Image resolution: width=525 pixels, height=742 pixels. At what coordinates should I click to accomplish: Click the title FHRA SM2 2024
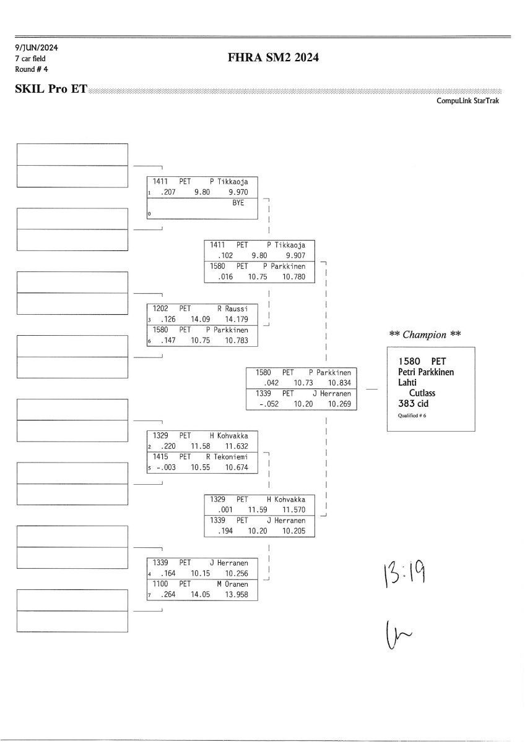[x=273, y=58]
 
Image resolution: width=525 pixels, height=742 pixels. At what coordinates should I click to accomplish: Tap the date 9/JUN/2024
[x=37, y=48]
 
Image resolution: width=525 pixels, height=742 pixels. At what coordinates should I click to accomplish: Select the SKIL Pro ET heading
[x=51, y=89]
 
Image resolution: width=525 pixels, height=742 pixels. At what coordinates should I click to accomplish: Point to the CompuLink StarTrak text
[x=467, y=101]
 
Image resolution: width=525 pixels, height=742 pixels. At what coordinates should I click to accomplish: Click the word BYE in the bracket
[x=238, y=203]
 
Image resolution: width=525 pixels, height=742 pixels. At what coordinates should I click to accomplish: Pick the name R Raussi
[x=233, y=309]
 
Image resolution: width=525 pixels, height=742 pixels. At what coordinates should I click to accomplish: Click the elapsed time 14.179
[x=236, y=319]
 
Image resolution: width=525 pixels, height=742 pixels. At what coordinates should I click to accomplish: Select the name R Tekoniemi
[x=227, y=457]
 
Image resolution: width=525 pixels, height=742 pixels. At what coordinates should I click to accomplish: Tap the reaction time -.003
[x=166, y=467]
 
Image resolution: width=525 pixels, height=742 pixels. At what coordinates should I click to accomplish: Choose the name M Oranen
[x=233, y=584]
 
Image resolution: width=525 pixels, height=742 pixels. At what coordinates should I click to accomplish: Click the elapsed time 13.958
[x=236, y=595]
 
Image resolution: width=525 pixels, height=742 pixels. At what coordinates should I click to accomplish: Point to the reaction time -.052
[x=269, y=404]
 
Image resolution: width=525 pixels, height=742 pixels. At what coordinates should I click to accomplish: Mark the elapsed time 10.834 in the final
[x=339, y=383]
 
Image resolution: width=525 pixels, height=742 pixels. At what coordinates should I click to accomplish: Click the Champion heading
[x=425, y=335]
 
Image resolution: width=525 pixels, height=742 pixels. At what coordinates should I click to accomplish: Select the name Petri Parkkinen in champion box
[x=426, y=372]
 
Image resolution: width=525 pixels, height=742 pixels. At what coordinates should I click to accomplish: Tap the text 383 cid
[x=413, y=403]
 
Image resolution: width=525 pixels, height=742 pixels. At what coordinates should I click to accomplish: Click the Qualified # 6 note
[x=412, y=416]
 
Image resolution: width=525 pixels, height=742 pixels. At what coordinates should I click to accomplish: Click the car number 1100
[x=160, y=584]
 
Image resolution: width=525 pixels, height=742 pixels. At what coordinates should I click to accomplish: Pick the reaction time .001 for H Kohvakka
[x=225, y=510]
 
